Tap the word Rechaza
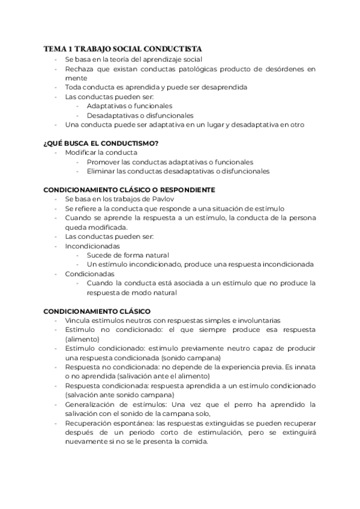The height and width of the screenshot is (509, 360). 79,69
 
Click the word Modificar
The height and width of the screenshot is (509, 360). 80,152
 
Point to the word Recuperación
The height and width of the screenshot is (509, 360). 89,423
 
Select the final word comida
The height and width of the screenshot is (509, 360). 194,442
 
